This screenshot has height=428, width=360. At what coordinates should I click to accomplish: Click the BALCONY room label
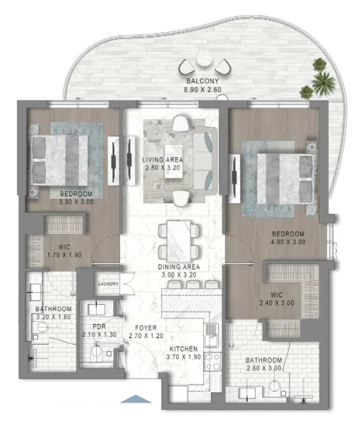207,81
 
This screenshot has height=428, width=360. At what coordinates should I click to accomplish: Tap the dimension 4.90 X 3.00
288,243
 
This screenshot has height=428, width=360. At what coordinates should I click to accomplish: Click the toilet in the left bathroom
42,328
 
